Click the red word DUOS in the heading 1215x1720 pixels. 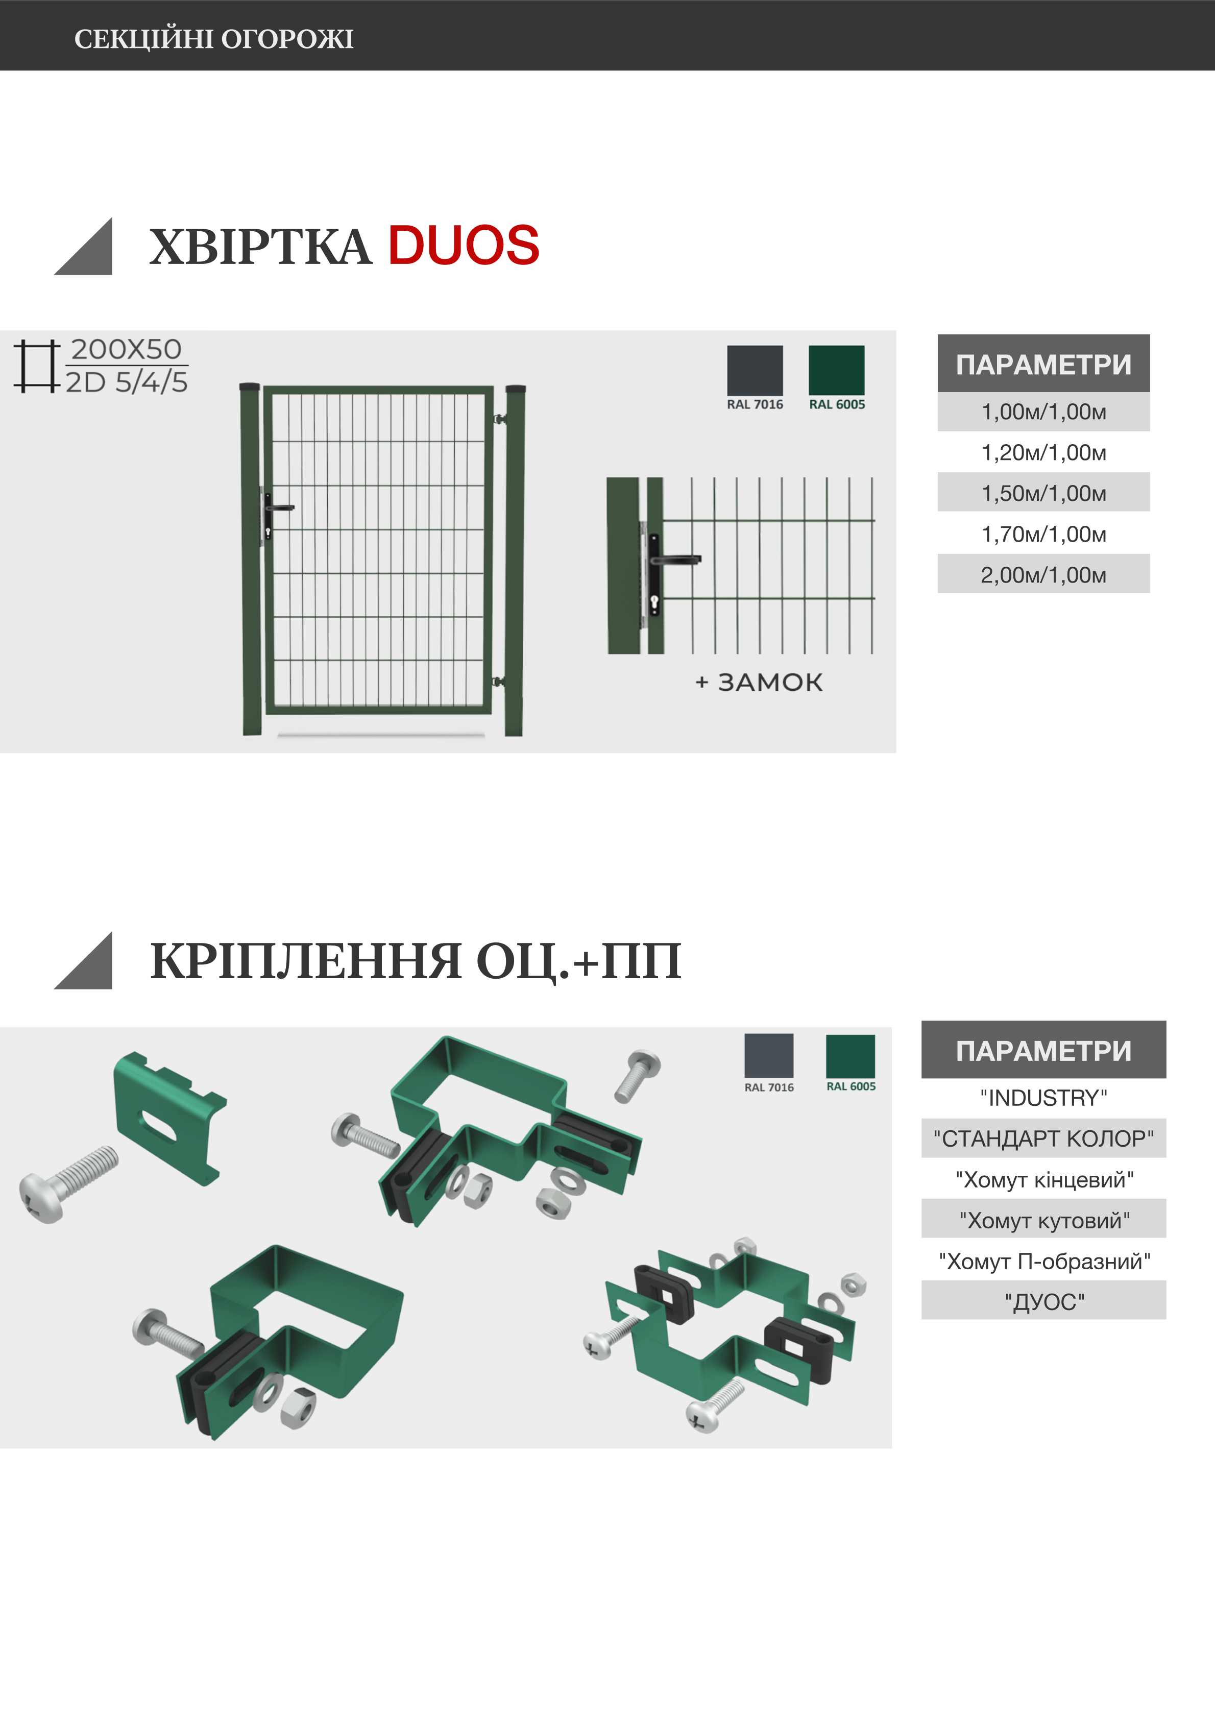pyautogui.click(x=463, y=246)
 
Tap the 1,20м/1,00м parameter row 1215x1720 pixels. pyautogui.click(x=1043, y=452)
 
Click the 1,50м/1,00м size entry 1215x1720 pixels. pyautogui.click(x=1043, y=493)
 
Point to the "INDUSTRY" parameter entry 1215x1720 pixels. pyautogui.click(x=1043, y=1098)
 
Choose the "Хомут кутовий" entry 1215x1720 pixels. pyautogui.click(x=1043, y=1220)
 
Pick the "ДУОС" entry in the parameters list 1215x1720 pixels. pyautogui.click(x=1043, y=1302)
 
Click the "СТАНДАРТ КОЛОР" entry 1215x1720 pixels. pyautogui.click(x=1043, y=1138)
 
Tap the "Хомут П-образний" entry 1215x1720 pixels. pyautogui.click(x=1043, y=1262)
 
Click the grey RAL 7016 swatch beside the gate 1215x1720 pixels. pyautogui.click(x=755, y=370)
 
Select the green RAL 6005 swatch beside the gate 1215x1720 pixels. pyautogui.click(x=836, y=370)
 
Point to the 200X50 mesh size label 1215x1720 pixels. pyautogui.click(x=126, y=349)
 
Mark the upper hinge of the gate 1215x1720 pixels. pyautogui.click(x=499, y=419)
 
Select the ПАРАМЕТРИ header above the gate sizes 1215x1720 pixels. pyautogui.click(x=1043, y=364)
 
